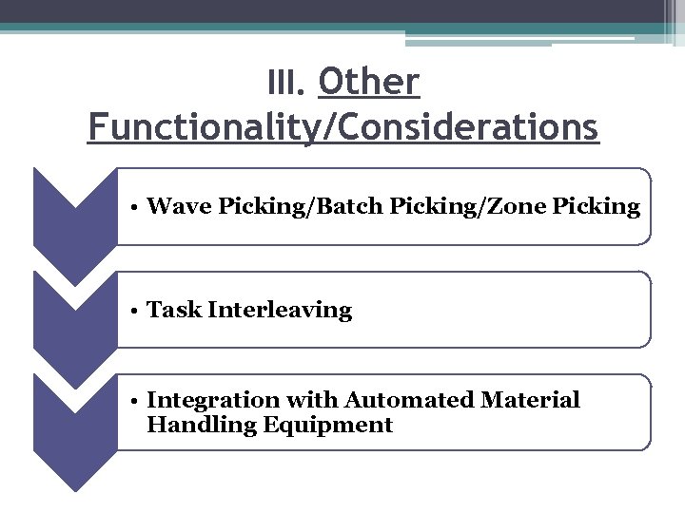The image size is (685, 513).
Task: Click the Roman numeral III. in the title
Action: [285, 85]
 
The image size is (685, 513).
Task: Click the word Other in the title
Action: [368, 83]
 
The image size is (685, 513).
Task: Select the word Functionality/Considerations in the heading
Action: [342, 126]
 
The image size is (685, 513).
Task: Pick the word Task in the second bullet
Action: [175, 310]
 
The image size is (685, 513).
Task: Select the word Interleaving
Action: [280, 311]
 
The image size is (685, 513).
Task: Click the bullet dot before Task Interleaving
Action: [138, 311]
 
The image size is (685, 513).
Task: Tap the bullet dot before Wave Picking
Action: [138, 207]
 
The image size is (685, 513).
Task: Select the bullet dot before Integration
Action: [138, 401]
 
